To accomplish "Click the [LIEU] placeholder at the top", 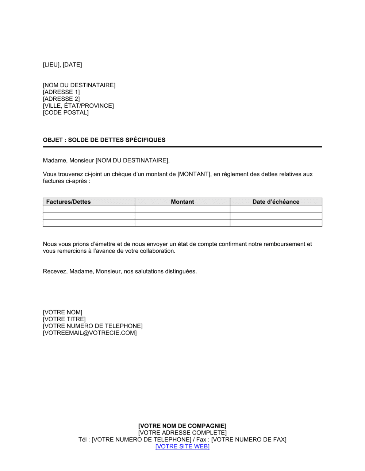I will pyautogui.click(x=51, y=65).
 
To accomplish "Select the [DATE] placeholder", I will pyautogui.click(x=72, y=65).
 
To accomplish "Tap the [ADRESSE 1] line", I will pyautogui.click(x=61, y=92).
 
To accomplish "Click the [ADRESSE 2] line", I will pyautogui.click(x=61, y=99).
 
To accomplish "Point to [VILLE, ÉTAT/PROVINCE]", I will pyautogui.click(x=78, y=106).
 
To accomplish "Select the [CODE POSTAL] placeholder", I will pyautogui.click(x=66, y=112).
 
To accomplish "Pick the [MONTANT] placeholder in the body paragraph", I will pyautogui.click(x=194, y=174).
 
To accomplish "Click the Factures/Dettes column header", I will pyautogui.click(x=69, y=202).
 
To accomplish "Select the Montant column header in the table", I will pyautogui.click(x=182, y=202).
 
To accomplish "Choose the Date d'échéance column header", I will pyautogui.click(x=276, y=202).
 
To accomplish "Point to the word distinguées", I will pyautogui.click(x=181, y=271).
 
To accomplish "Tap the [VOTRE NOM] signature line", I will pyautogui.click(x=63, y=312).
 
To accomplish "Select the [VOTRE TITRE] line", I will pyautogui.click(x=64, y=319).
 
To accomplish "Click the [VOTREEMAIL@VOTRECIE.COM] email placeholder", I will pyautogui.click(x=90, y=333).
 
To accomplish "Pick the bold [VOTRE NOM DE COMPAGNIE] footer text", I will pyautogui.click(x=182, y=426).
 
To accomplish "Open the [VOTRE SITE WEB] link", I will pyautogui.click(x=182, y=447).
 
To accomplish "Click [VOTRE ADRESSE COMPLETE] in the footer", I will pyautogui.click(x=182, y=433).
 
